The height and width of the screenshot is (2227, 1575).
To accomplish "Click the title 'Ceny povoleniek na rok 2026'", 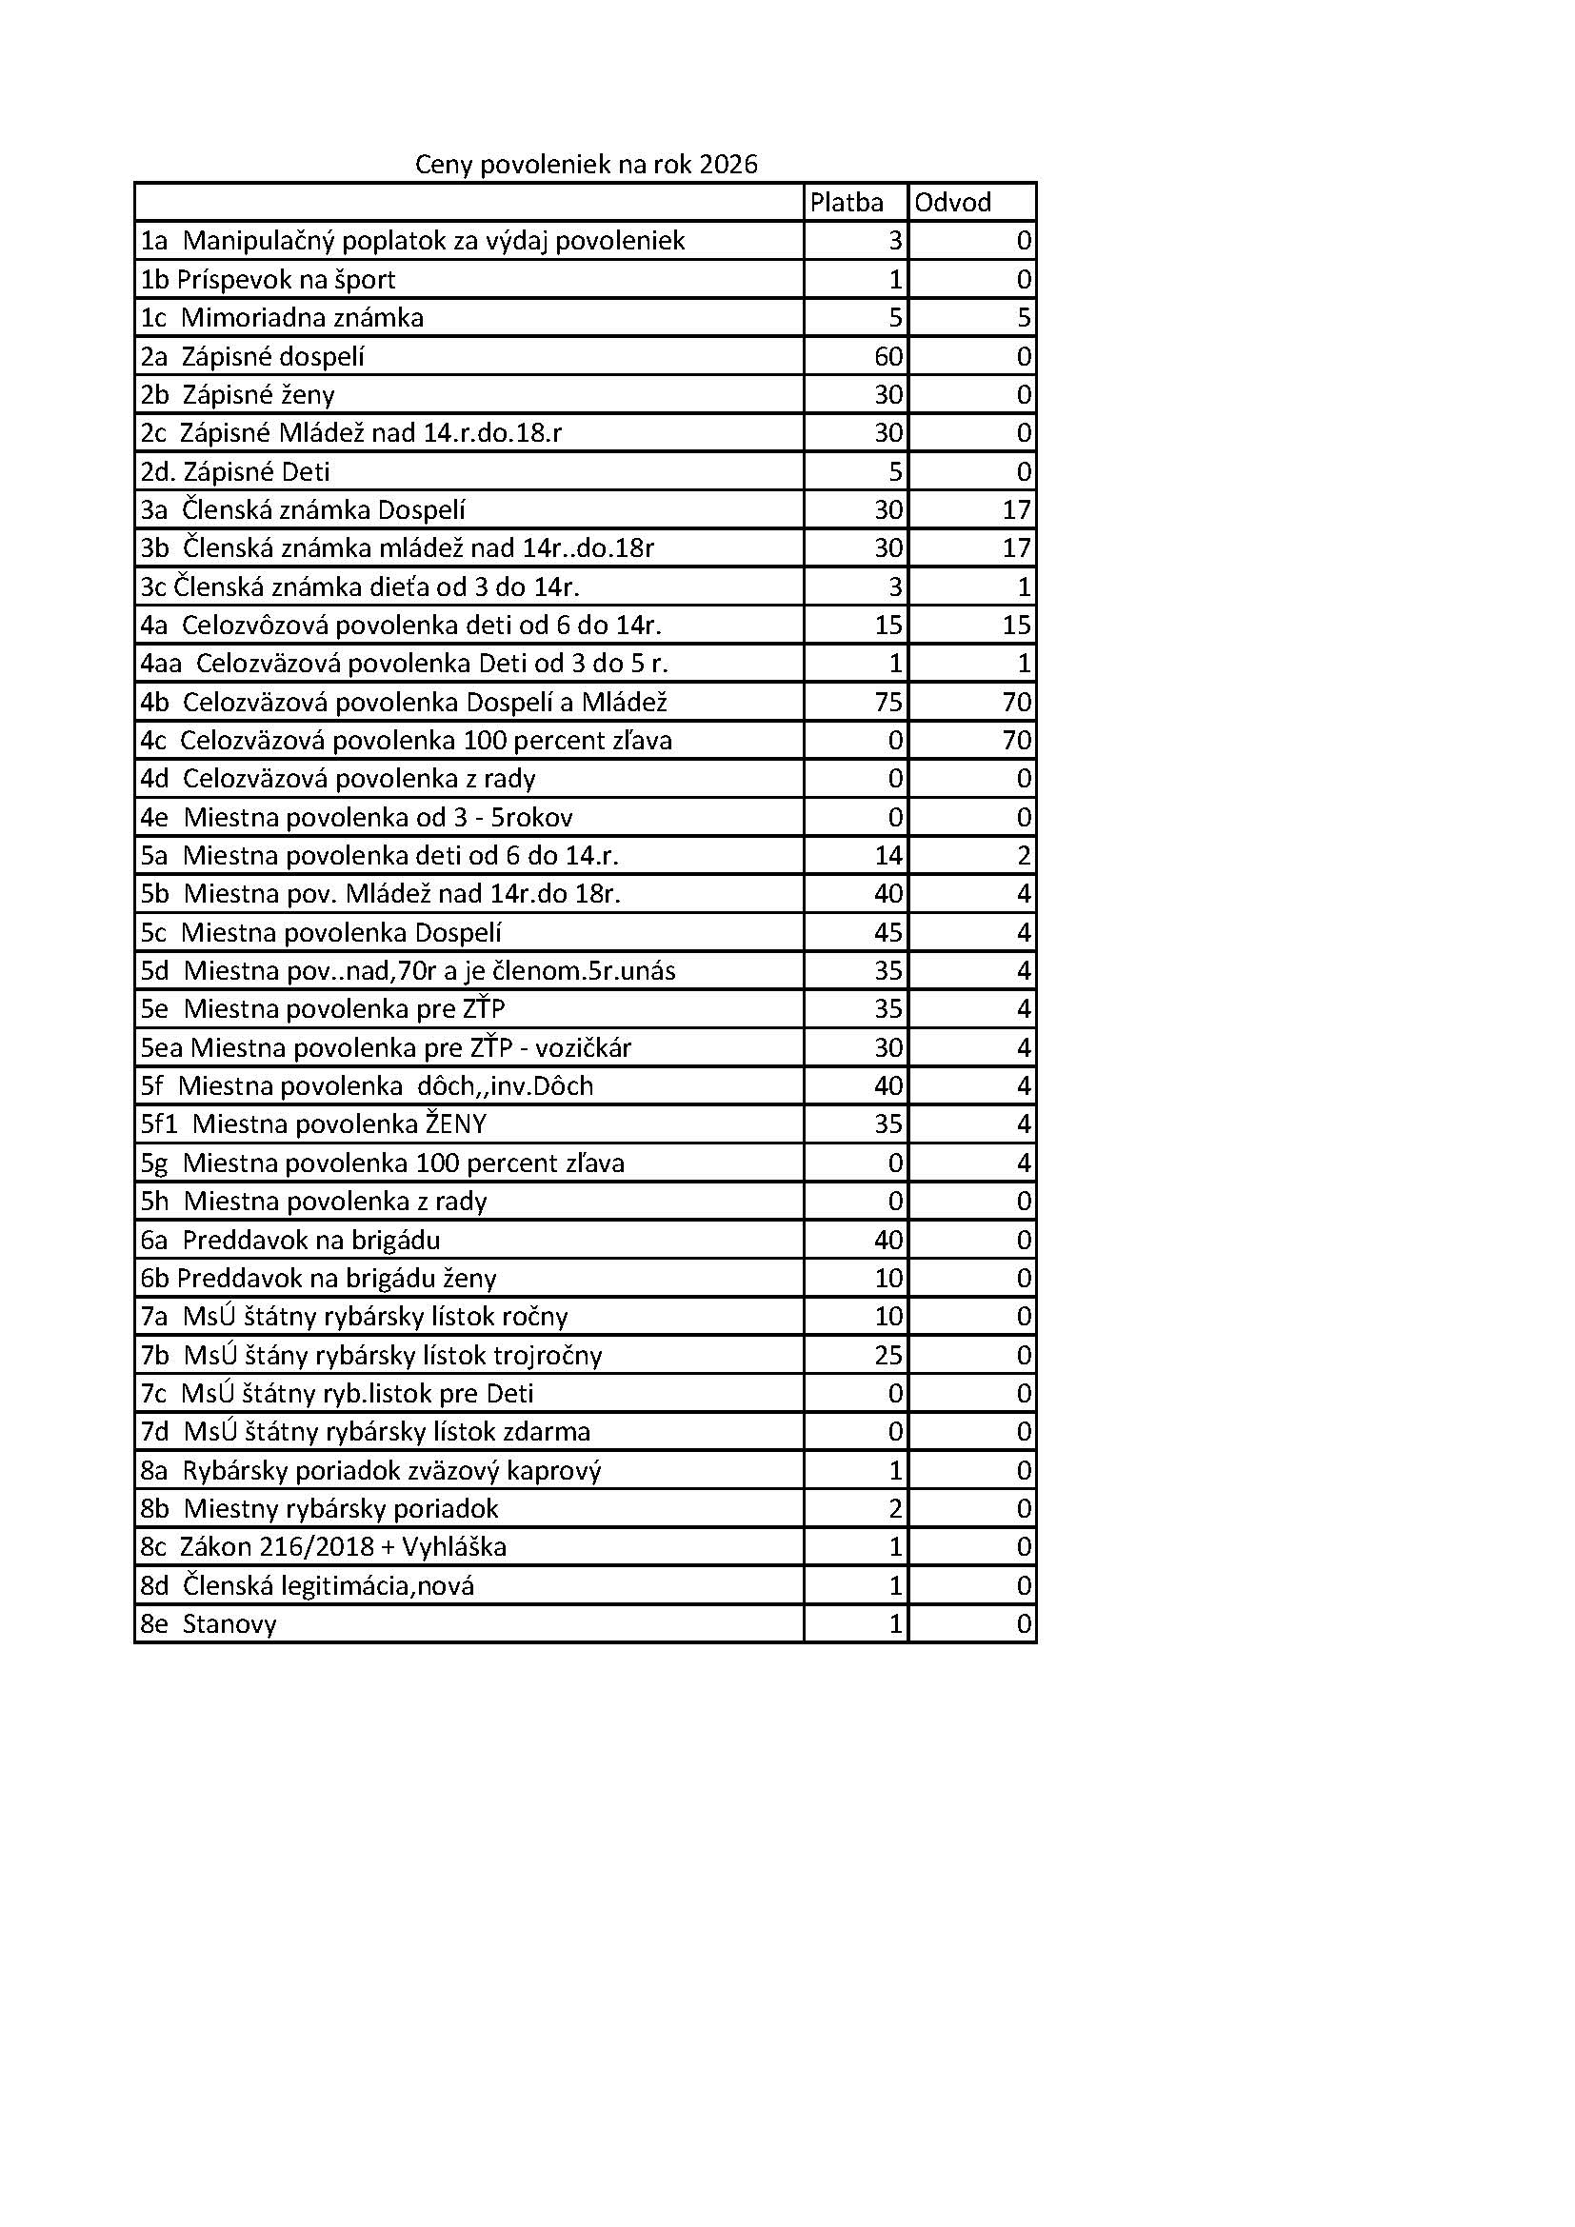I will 586,164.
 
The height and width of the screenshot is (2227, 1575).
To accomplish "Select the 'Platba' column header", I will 847,202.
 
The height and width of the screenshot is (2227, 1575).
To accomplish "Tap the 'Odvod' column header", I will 952,202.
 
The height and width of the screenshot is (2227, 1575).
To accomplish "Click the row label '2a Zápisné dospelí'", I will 252,356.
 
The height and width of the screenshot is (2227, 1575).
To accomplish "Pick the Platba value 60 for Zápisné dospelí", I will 888,356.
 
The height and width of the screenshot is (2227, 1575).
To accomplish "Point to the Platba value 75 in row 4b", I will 888,702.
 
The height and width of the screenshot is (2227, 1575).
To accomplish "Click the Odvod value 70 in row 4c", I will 1016,740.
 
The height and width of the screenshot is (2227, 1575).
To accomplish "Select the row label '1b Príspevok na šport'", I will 268,279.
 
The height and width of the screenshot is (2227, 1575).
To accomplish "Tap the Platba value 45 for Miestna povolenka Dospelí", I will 888,932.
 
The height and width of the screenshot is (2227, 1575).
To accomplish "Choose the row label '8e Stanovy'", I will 209,1623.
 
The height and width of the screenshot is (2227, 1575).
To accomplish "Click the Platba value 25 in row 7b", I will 888,1355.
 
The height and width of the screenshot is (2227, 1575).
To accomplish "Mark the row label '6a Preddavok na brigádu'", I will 290,1240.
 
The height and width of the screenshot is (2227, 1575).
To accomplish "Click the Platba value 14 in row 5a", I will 888,856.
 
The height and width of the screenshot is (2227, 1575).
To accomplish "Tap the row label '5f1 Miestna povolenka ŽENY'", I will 313,1124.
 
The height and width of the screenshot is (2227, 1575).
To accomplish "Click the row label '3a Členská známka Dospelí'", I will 303,509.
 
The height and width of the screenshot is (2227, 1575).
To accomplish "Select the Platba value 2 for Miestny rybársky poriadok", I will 896,1508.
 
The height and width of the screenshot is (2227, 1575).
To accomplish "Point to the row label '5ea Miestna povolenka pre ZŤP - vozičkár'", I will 385,1047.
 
